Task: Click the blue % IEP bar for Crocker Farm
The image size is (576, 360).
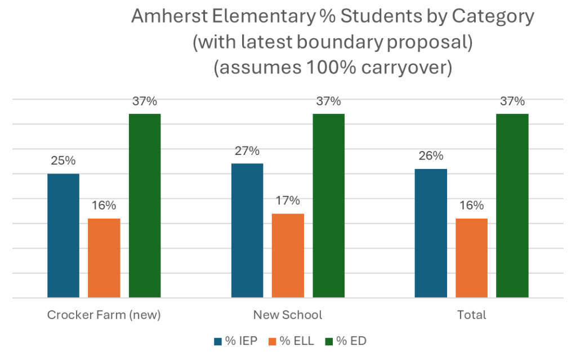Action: (63, 235)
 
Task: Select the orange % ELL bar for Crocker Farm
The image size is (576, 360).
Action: (104, 257)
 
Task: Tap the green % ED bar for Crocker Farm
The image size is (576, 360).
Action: (145, 205)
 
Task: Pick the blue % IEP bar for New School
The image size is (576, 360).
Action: (247, 230)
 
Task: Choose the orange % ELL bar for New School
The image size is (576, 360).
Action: (288, 255)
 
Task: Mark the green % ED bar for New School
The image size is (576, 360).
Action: (329, 205)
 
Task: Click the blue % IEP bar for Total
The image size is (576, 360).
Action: (431, 232)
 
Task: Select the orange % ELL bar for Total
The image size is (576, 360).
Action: (471, 257)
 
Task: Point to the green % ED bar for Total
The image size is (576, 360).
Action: (512, 205)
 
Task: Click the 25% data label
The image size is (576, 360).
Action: (63, 161)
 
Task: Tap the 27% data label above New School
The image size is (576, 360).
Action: (247, 151)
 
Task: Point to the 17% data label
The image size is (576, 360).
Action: (288, 201)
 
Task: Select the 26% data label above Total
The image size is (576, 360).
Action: (431, 156)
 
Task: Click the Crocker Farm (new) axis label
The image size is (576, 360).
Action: (104, 315)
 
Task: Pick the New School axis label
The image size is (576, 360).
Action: (288, 315)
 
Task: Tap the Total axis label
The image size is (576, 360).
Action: (472, 315)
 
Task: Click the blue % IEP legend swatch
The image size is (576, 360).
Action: (217, 341)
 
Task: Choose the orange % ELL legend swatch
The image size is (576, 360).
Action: (273, 341)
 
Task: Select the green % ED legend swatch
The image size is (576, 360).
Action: (329, 341)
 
